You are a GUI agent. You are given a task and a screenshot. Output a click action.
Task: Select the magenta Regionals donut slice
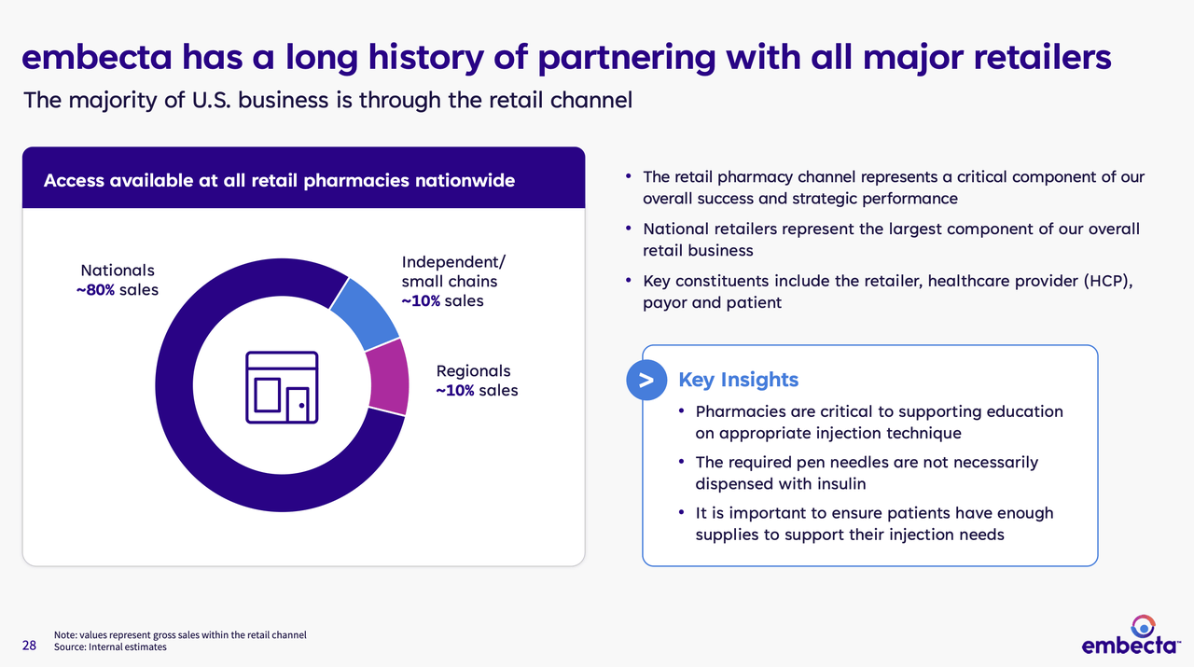(389, 377)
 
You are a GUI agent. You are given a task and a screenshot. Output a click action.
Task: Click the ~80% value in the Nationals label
(95, 290)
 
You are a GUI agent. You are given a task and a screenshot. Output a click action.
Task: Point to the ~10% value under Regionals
(455, 391)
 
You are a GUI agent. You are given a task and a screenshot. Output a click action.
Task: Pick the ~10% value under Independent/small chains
(421, 301)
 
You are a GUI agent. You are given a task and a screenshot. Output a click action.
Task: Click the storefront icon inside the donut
(282, 388)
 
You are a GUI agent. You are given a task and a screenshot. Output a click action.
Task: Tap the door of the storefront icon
(298, 405)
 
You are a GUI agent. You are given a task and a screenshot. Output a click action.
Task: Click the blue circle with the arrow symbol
(646, 381)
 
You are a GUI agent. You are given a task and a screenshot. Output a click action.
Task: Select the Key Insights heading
(738, 380)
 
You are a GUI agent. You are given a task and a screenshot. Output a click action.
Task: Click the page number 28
(29, 646)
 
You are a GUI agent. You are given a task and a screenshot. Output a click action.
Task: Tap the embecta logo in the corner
(1131, 635)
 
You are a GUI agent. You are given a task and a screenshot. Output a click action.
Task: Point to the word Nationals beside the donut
(118, 271)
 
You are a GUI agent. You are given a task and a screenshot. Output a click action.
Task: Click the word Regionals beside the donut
(473, 371)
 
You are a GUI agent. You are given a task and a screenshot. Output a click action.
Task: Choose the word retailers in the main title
(1043, 57)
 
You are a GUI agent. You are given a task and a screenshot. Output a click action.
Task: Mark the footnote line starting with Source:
(110, 647)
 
